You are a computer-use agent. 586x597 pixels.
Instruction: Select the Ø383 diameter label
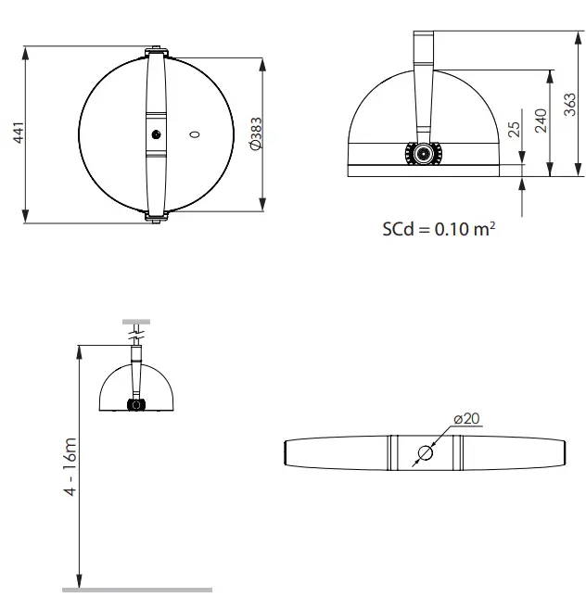[x=257, y=134]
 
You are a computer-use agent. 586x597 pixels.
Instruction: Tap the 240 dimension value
[x=541, y=120]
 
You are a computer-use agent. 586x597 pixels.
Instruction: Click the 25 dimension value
[x=513, y=130]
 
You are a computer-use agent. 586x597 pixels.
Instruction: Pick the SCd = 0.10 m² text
[x=438, y=228]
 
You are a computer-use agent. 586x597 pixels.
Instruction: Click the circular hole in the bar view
[x=424, y=453]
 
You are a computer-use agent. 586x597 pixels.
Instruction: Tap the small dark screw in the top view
[x=156, y=135]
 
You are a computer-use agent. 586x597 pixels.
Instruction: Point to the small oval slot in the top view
[x=194, y=135]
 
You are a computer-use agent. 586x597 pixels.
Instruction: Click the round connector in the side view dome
[x=424, y=153]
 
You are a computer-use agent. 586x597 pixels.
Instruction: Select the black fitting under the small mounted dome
[x=136, y=405]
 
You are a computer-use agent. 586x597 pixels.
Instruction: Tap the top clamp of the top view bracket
[x=155, y=50]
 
